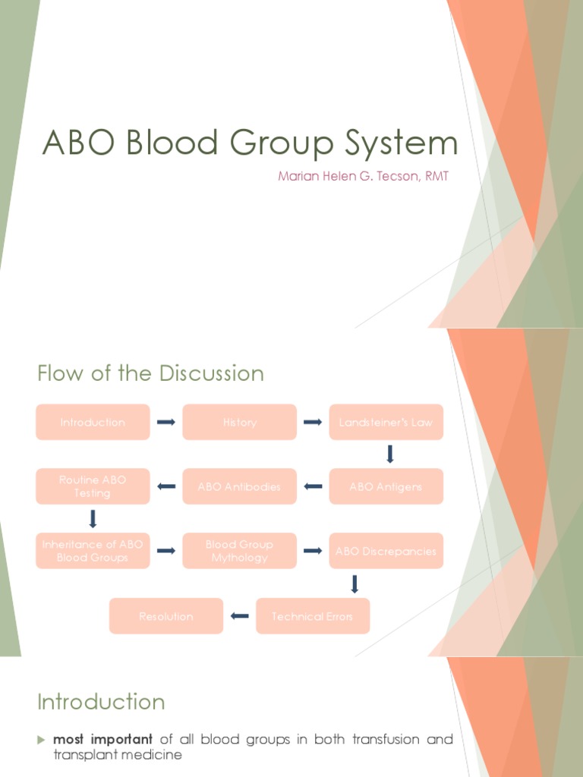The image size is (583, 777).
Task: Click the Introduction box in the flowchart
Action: coord(93,423)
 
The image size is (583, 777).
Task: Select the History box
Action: coord(239,423)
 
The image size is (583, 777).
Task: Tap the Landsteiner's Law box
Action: coord(386,423)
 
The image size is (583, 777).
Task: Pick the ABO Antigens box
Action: coord(386,486)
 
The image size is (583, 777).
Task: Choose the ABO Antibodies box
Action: coord(239,486)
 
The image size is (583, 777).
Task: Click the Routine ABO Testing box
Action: coord(93,486)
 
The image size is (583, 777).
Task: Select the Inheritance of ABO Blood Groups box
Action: coord(93,551)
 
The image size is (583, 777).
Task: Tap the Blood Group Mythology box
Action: coord(239,551)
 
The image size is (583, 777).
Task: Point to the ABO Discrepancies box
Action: coord(386,551)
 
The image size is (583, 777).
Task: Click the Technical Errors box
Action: coord(312,616)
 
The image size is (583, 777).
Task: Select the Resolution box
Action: coord(166,616)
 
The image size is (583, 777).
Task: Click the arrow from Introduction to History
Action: coord(165,423)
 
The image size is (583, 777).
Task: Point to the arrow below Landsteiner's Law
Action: coord(390,454)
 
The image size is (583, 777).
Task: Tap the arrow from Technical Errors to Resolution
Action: coord(239,616)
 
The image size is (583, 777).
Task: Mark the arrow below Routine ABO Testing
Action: coord(93,519)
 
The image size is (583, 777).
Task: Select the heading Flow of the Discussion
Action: coord(150,373)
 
